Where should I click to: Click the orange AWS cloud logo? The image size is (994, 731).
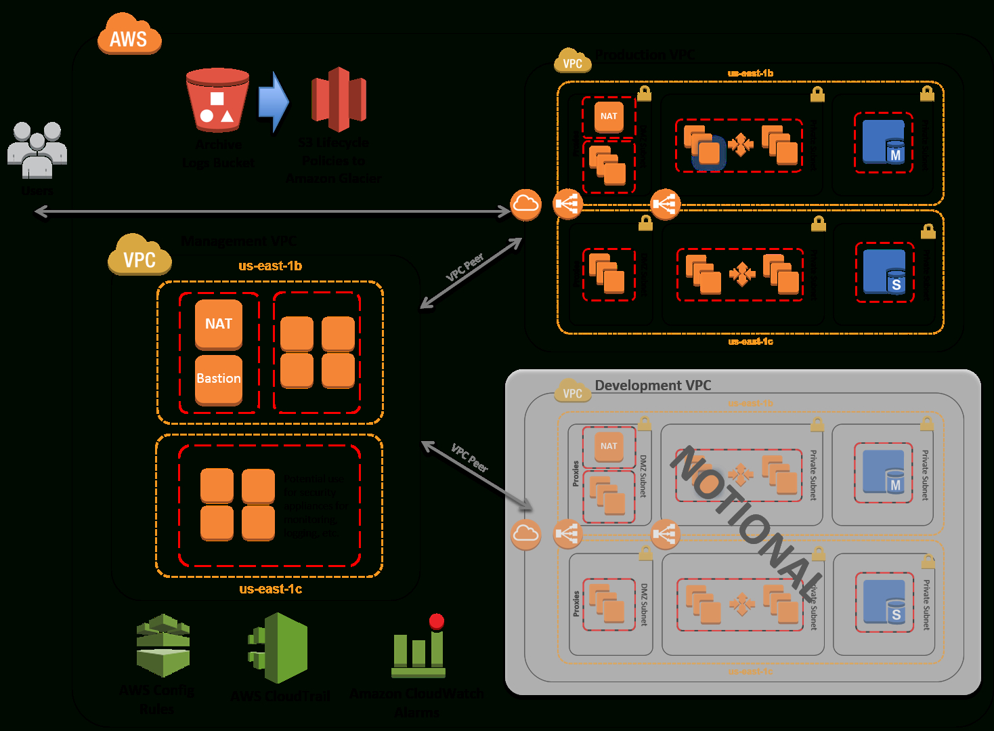pyautogui.click(x=129, y=35)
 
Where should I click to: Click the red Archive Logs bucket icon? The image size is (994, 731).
pyautogui.click(x=217, y=100)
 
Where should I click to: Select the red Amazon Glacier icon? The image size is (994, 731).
pyautogui.click(x=339, y=99)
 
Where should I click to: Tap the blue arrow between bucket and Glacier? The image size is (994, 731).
pyautogui.click(x=274, y=102)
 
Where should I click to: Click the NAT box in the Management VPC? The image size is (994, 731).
pyautogui.click(x=218, y=324)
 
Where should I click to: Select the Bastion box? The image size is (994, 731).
pyautogui.click(x=218, y=379)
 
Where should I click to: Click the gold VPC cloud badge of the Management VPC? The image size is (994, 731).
pyautogui.click(x=139, y=256)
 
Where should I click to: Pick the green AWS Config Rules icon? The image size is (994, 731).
pyautogui.click(x=163, y=645)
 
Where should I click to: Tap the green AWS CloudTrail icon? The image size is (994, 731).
pyautogui.click(x=279, y=648)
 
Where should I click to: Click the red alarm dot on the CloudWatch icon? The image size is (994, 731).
pyautogui.click(x=437, y=621)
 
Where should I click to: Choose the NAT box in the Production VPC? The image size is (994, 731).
pyautogui.click(x=609, y=116)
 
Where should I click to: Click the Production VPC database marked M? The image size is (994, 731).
pyautogui.click(x=884, y=142)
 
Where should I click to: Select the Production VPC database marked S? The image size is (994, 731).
pyautogui.click(x=884, y=272)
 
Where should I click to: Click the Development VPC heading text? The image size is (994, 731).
pyautogui.click(x=653, y=385)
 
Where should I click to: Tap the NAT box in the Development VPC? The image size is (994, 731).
pyautogui.click(x=609, y=446)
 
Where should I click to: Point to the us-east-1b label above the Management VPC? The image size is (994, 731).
pyautogui.click(x=270, y=266)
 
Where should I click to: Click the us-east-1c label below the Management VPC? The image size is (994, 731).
pyautogui.click(x=270, y=589)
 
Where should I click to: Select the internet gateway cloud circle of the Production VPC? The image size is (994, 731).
pyautogui.click(x=525, y=204)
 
